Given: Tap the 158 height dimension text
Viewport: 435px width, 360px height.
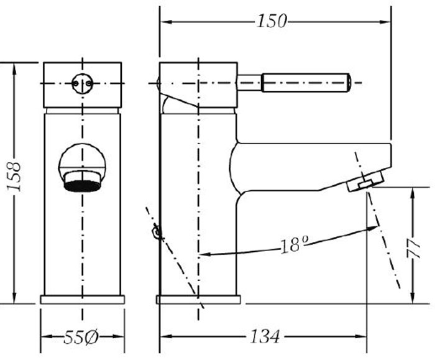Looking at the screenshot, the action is pos(14,177).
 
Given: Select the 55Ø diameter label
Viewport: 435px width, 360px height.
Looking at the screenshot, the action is pos(81,337).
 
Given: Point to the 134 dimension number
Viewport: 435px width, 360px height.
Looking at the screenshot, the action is pos(265,336).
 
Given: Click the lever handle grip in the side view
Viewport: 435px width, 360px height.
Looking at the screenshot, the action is pos(306,83).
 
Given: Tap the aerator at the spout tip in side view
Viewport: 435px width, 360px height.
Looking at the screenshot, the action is pos(365,182).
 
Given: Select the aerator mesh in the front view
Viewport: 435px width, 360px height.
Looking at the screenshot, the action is pos(82,186).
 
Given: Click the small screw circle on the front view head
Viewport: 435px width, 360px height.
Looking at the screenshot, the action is pos(83,83).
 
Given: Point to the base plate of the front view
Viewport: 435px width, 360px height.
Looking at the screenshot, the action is pos(83,300).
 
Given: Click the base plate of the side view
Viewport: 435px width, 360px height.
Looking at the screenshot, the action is pos(198,300).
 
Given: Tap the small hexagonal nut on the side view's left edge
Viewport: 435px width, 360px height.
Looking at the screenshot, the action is pos(157,232).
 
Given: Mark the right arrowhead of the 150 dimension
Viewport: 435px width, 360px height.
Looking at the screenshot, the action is pos(385,22).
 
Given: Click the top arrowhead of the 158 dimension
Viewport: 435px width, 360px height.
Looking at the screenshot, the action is pos(14,70).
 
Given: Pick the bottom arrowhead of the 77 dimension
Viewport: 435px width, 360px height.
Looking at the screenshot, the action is pos(413,297).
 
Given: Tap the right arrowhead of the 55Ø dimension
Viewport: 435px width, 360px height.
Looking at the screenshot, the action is pos(118,336).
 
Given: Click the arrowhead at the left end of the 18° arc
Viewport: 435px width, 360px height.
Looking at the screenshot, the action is pos(204,254).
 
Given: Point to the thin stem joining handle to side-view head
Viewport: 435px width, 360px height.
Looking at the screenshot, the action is pos(249,83).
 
